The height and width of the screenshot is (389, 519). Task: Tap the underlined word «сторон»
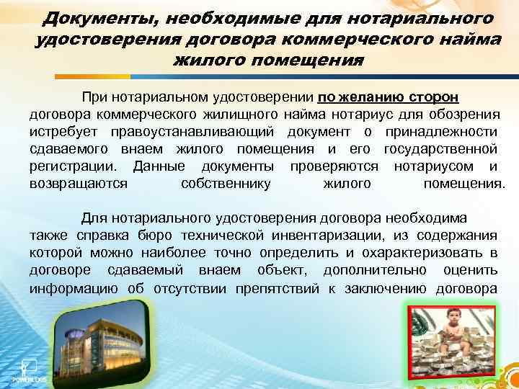coord(430,97)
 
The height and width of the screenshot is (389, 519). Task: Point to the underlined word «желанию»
coord(364,97)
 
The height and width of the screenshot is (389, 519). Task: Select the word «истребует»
coord(65,132)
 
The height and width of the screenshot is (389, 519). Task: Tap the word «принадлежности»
coord(441,132)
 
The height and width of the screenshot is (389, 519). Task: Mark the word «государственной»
coord(440,149)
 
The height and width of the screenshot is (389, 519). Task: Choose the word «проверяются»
coord(334,166)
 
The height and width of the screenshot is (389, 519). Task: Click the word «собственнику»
coord(226,184)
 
